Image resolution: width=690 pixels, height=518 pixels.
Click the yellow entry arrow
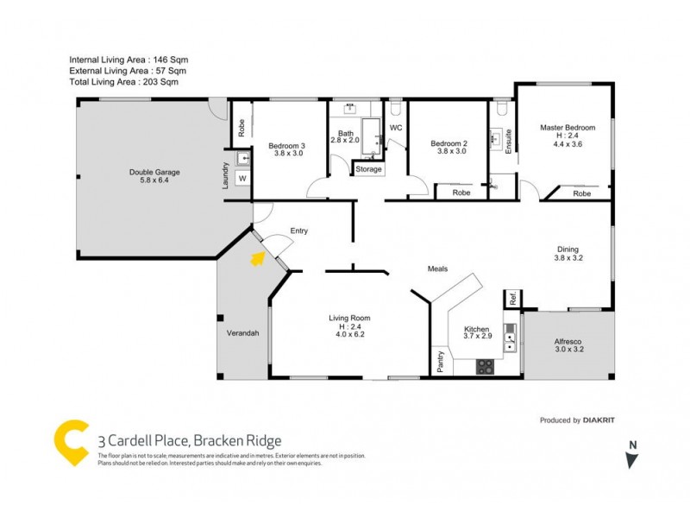tap(256, 257)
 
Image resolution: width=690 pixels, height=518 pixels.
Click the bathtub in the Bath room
tap(373, 138)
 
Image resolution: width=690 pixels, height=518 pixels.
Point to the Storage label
tap(368, 169)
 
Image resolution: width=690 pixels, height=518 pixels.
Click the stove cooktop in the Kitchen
tap(486, 366)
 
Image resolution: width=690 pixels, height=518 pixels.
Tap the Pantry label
tap(441, 361)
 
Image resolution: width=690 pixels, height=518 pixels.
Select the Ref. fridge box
tap(512, 299)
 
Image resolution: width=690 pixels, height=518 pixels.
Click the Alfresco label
tap(568, 341)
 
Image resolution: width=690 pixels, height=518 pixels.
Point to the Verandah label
tap(243, 332)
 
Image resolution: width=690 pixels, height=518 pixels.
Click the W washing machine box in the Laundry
tap(242, 179)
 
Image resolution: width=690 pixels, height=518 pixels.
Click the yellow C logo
tap(72, 442)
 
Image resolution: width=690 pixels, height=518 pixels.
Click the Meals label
tap(438, 268)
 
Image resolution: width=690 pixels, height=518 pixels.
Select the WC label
tap(396, 128)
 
